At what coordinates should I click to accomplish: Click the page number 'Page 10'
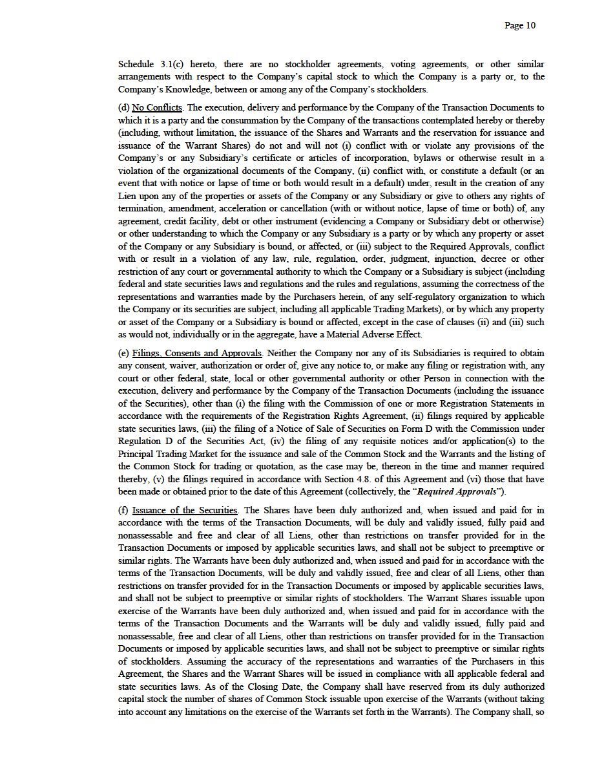(x=520, y=26)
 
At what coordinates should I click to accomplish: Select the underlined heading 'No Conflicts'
(x=157, y=107)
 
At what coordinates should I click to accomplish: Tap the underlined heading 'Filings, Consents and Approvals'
(x=197, y=354)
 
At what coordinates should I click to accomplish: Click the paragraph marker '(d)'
(x=124, y=107)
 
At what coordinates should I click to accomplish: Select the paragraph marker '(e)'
(x=124, y=354)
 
